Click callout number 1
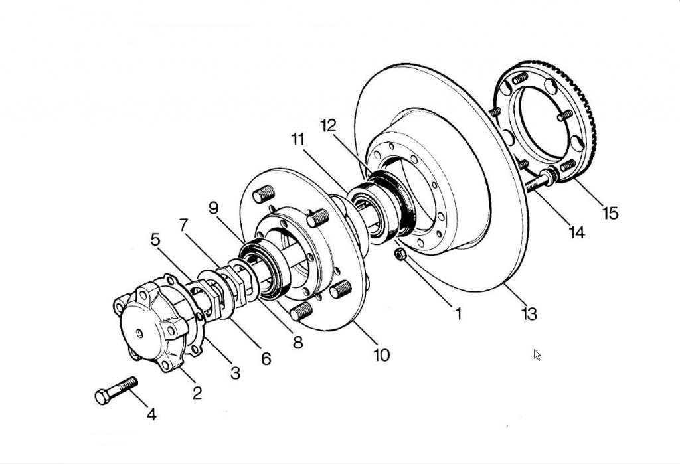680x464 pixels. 458,313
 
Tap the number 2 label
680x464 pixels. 197,393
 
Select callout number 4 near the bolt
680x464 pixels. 151,414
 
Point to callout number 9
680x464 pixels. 213,208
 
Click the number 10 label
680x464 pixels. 382,354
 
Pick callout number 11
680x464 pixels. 298,139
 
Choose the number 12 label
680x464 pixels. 328,125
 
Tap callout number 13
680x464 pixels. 529,313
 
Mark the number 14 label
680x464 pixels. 577,232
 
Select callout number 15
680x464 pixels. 610,213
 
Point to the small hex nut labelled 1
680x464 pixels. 400,254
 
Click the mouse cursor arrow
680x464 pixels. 537,355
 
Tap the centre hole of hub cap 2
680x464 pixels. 139,333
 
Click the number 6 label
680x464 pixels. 266,358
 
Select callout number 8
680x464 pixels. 297,342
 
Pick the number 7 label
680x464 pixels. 184,225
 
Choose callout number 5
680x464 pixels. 155,239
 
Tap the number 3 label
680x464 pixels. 235,372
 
